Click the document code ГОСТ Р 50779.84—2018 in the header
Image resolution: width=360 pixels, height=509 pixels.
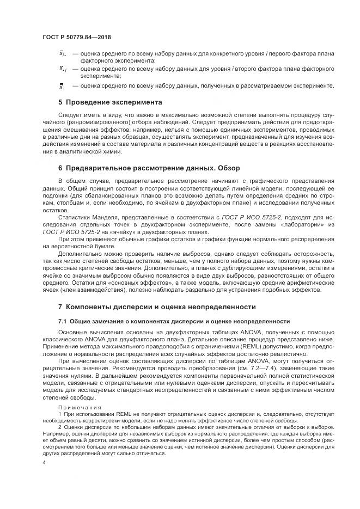(x=81, y=37)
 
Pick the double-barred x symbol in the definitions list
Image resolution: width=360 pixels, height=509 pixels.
(x=61, y=86)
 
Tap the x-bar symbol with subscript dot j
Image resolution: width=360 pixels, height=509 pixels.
(x=62, y=69)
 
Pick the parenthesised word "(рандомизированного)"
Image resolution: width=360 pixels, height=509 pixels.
(x=79, y=124)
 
